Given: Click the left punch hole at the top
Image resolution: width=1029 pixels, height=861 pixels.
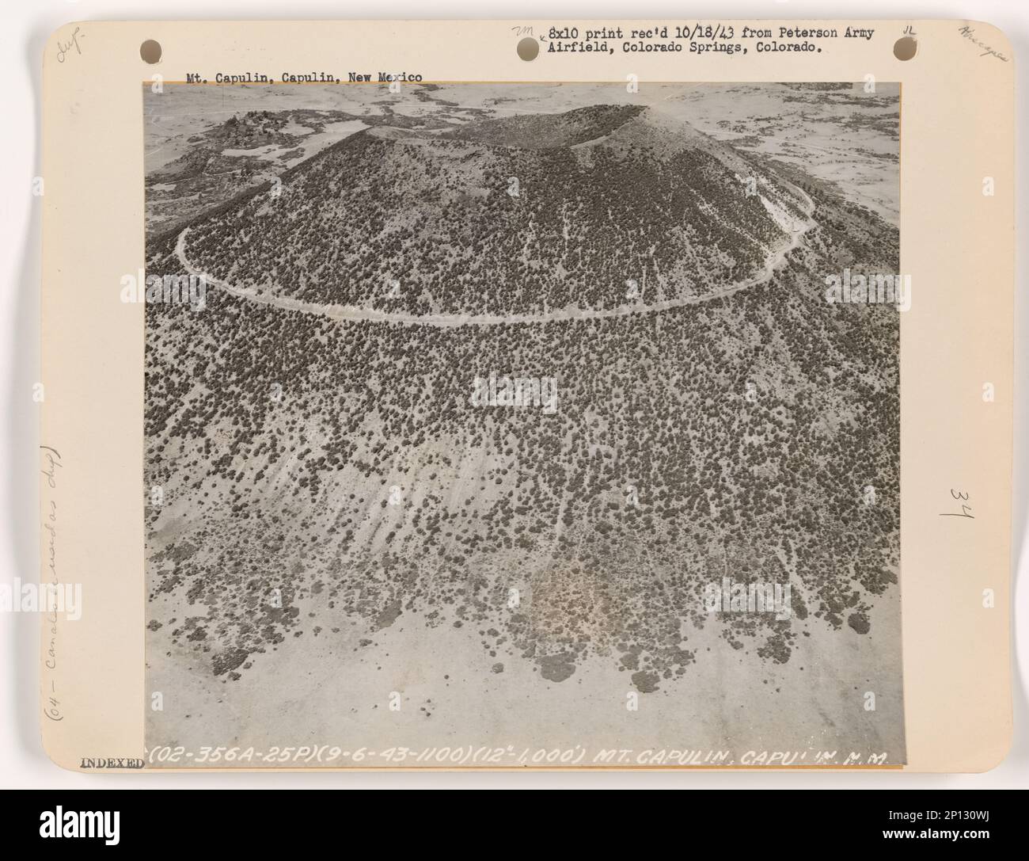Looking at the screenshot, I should pos(153,47).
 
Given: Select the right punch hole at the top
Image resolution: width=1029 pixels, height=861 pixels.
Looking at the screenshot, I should pos(902,47).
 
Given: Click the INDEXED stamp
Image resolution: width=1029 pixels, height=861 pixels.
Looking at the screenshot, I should pos(111,764).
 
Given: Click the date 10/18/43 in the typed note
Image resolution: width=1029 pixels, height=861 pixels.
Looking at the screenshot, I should pos(683,33).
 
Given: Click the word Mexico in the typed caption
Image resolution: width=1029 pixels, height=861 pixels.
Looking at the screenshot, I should pos(401,78).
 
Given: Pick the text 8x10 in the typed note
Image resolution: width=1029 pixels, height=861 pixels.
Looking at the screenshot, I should pos(564,33).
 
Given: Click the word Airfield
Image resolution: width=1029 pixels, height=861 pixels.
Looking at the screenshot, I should pos(576,48).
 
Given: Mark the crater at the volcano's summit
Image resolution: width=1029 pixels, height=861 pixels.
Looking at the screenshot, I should pos(554,127).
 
